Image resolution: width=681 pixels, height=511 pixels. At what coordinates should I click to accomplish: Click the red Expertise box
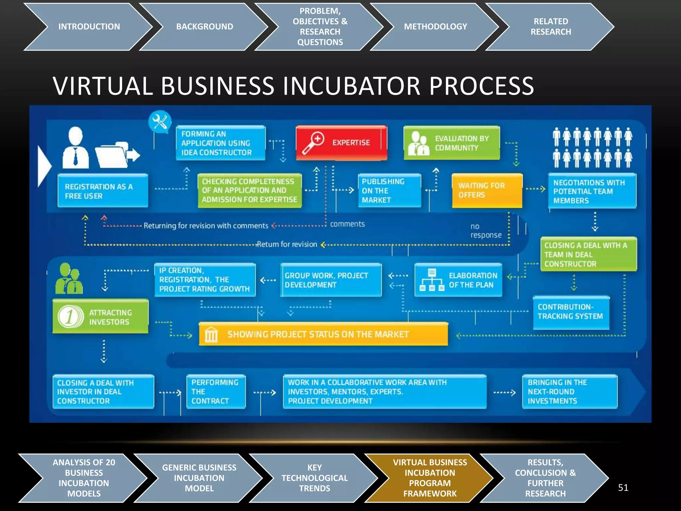click(342, 143)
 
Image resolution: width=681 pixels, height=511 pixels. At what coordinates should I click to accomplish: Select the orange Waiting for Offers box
click(487, 191)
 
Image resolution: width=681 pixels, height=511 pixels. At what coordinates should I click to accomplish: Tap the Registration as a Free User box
click(102, 191)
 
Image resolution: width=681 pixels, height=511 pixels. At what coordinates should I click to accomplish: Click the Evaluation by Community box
click(452, 143)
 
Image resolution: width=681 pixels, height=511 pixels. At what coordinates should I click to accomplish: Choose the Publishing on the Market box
click(389, 191)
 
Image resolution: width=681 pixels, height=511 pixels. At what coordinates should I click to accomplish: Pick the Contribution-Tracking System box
click(571, 312)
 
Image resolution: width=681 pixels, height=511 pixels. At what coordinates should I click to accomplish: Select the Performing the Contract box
click(216, 392)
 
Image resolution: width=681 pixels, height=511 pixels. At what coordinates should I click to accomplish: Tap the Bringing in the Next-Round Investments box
click(570, 392)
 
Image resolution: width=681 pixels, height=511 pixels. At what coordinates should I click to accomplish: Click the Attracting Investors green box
click(100, 317)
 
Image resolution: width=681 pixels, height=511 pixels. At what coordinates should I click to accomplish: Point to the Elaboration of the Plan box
click(458, 280)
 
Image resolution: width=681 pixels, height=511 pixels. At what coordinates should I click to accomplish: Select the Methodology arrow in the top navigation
click(435, 27)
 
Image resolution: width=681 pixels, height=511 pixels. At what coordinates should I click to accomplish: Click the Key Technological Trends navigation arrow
click(314, 478)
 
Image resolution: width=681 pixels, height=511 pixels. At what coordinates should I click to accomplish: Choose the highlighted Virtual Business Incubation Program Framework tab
click(430, 478)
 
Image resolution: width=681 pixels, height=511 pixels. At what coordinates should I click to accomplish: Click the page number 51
click(623, 488)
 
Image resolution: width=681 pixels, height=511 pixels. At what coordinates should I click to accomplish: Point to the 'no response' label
click(485, 231)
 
